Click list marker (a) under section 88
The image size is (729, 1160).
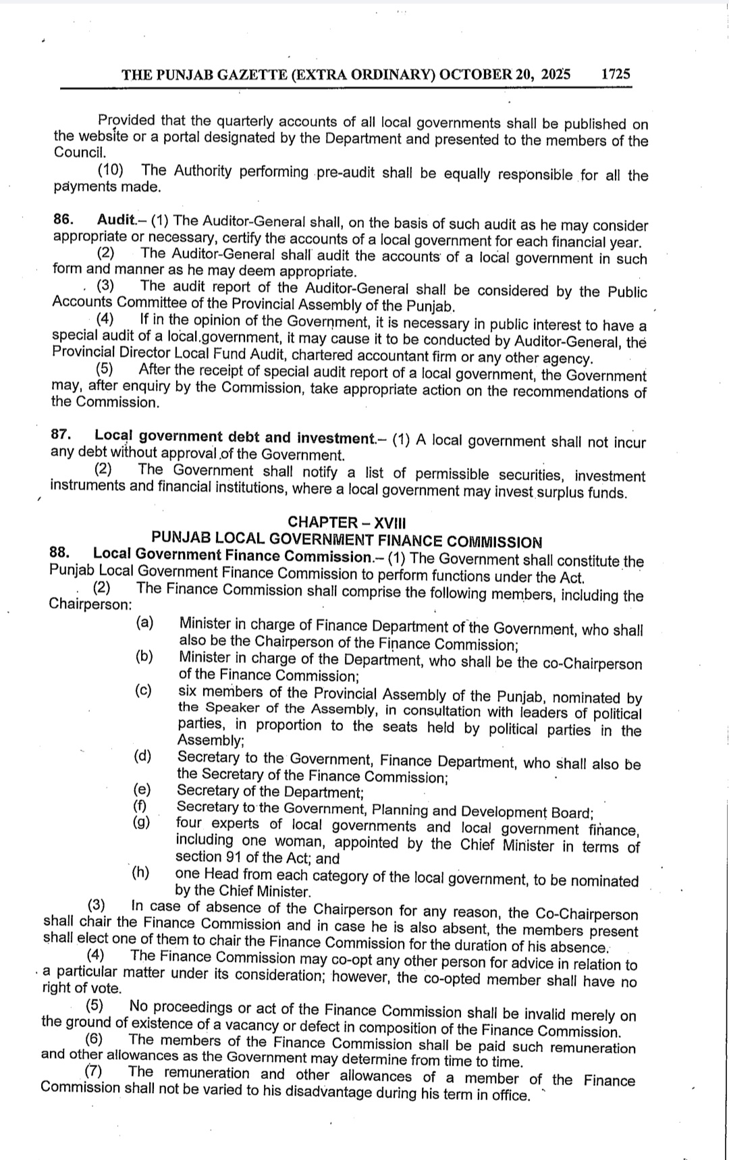[144, 623]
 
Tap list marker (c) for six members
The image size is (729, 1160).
[143, 690]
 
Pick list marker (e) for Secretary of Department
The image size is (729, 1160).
[142, 789]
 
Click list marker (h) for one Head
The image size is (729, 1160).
[140, 872]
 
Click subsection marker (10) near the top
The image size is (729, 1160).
[110, 169]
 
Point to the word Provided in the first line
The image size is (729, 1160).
[126, 121]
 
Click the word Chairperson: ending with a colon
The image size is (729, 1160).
[90, 604]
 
